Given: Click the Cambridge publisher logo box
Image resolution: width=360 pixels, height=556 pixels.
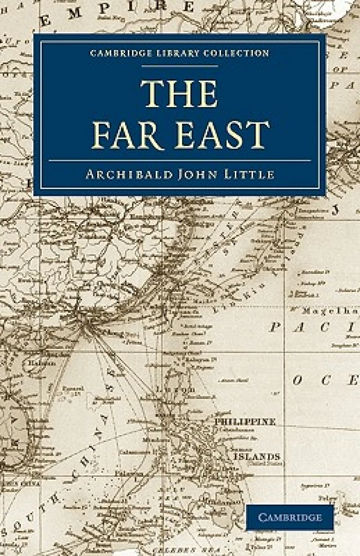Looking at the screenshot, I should click(290, 517).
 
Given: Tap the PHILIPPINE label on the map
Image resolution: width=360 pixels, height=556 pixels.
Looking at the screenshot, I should click(245, 422).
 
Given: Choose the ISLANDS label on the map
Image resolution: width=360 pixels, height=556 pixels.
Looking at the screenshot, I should click(256, 456).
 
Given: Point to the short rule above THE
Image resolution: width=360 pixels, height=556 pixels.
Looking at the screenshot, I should click(180, 66).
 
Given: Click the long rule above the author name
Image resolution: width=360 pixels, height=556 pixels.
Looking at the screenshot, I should click(180, 160).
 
